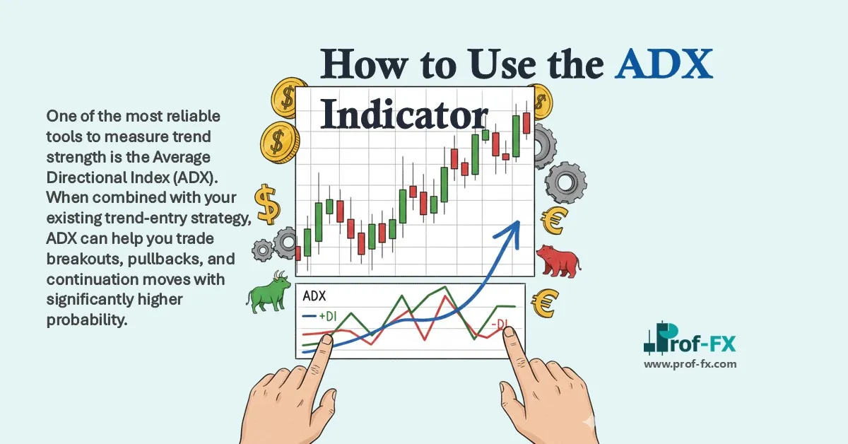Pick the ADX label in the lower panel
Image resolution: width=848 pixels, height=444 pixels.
pyautogui.click(x=315, y=297)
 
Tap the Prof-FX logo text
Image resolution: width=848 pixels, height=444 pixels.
pyautogui.click(x=696, y=344)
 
